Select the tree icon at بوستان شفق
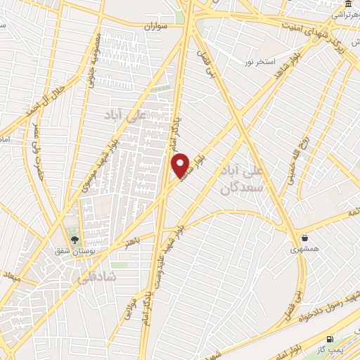tap(75, 238)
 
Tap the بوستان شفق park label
tap(73, 250)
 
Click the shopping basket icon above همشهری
tap(304, 238)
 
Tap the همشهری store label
tap(304, 250)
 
